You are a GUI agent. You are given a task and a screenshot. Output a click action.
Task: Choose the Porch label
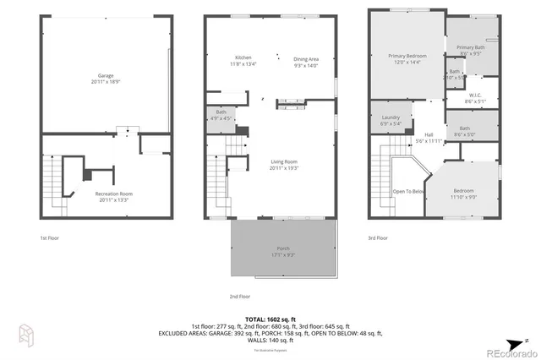coord(282,250)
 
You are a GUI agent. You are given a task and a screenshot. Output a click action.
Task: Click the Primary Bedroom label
coord(407,59)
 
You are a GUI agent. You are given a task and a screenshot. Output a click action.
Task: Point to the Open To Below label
coord(408,191)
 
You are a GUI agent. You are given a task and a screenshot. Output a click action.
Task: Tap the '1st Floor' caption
coord(49,238)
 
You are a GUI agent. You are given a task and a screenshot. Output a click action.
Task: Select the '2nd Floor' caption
coord(239,297)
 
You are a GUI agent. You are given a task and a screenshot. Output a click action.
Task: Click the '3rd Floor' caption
coord(378,238)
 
